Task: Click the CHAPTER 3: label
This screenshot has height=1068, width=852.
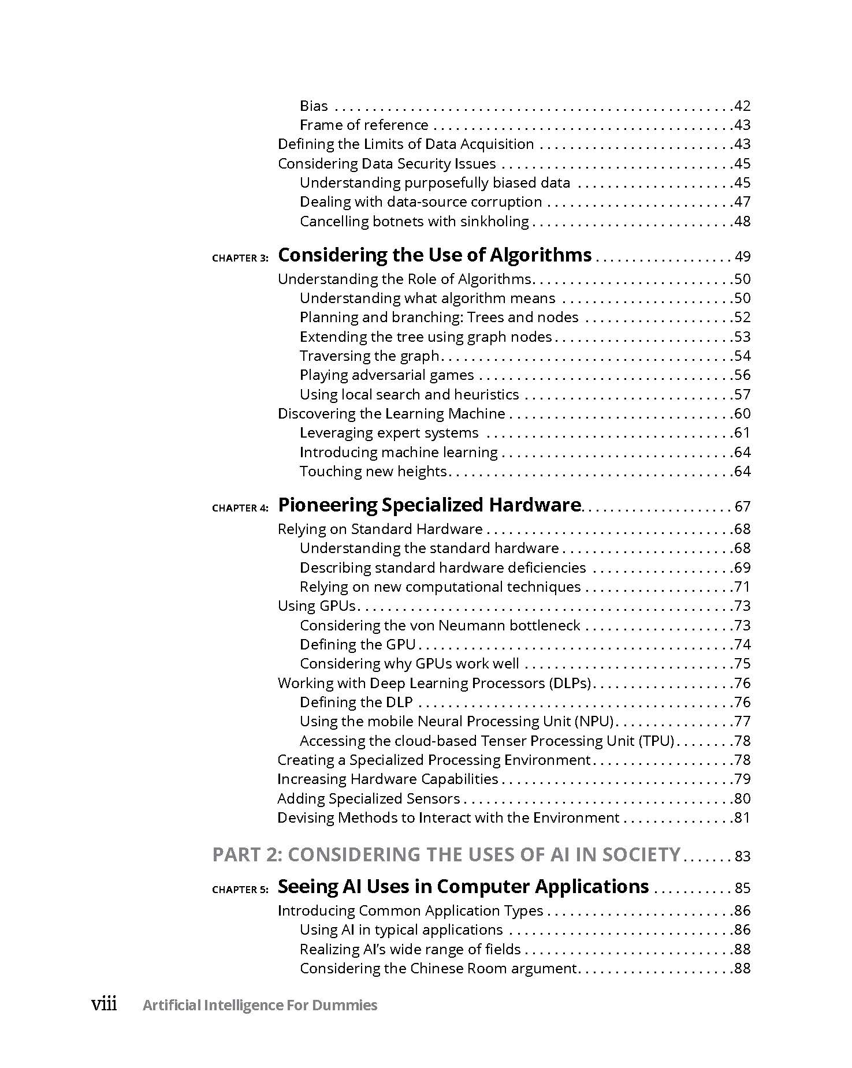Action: pos(240,258)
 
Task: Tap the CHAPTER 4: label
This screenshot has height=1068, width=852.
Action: pos(240,508)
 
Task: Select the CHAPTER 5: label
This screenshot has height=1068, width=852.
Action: pos(240,890)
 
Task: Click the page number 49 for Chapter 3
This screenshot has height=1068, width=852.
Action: pos(742,256)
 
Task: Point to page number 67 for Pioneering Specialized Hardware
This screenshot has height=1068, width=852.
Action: pos(742,506)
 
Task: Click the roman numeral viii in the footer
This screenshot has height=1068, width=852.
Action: pos(104,1004)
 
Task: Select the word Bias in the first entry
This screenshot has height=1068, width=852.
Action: pos(314,106)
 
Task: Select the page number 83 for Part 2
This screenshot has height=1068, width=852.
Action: pos(742,856)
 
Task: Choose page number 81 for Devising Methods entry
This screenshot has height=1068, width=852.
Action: pos(742,817)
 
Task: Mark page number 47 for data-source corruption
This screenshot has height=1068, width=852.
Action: pos(742,201)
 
